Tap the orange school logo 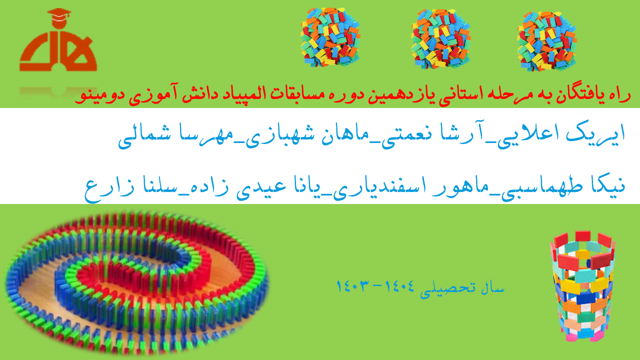58,39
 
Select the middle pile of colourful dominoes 440,39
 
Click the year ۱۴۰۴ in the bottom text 399,286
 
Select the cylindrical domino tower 582,286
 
